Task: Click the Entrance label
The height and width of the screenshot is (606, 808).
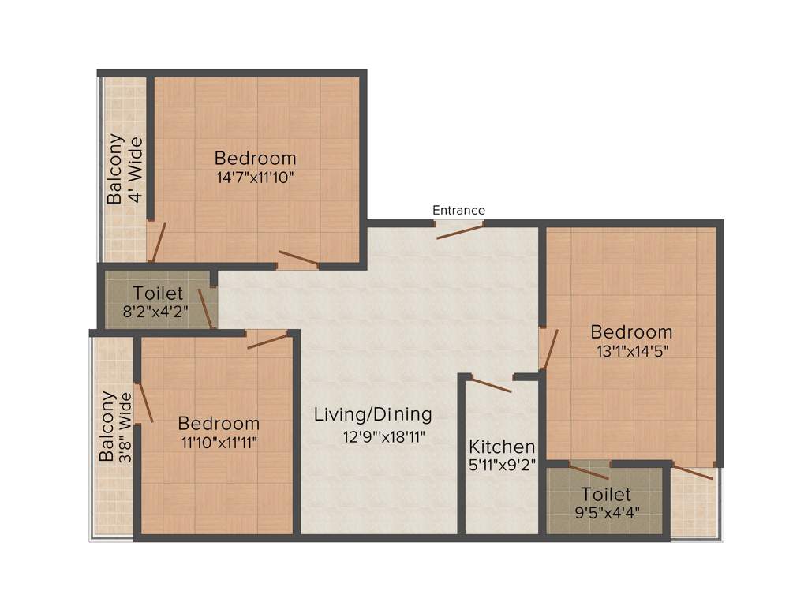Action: pos(458,210)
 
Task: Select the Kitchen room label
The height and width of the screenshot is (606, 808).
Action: pos(502,447)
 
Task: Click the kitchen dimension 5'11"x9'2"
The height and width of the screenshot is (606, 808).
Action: pos(502,465)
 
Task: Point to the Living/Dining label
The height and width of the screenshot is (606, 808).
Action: pos(372,413)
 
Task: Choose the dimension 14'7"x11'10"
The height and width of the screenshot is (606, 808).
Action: pos(255,178)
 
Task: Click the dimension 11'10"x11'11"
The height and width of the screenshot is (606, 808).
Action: pos(219,443)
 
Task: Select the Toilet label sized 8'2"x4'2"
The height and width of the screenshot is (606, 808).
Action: pos(158,294)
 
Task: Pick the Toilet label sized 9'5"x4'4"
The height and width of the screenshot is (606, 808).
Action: pos(606,495)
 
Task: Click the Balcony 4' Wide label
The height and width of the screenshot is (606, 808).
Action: pos(125,170)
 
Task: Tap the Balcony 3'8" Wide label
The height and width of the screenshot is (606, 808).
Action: pos(115,426)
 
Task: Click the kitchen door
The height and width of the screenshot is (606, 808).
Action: pos(490,386)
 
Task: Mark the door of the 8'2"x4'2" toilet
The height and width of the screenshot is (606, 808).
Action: pos(205,308)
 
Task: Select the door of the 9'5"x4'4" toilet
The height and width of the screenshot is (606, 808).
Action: pos(589,472)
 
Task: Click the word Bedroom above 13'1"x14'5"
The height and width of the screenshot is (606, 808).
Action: pos(631,331)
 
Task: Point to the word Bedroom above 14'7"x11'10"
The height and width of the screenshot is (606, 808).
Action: pos(255,158)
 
